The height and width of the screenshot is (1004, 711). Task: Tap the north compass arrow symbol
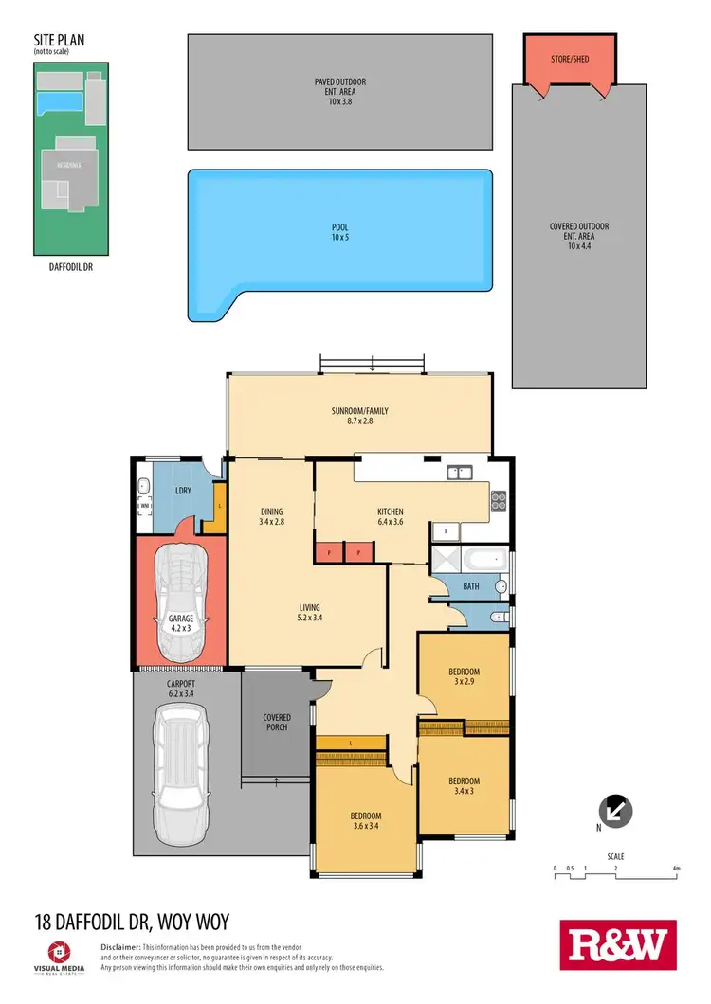[617, 811]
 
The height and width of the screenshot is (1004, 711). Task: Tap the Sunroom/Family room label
[360, 417]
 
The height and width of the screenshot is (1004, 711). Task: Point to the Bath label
[471, 587]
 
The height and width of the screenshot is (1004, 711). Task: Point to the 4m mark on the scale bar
[676, 867]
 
